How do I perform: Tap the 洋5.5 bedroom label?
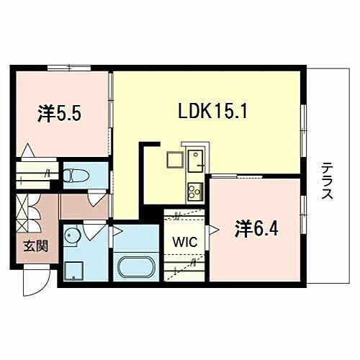coord(60,113)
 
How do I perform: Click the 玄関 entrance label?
coord(34,246)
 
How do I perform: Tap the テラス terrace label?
coord(326,179)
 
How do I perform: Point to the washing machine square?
coord(73,270)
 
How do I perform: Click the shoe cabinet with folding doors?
coord(27,210)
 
